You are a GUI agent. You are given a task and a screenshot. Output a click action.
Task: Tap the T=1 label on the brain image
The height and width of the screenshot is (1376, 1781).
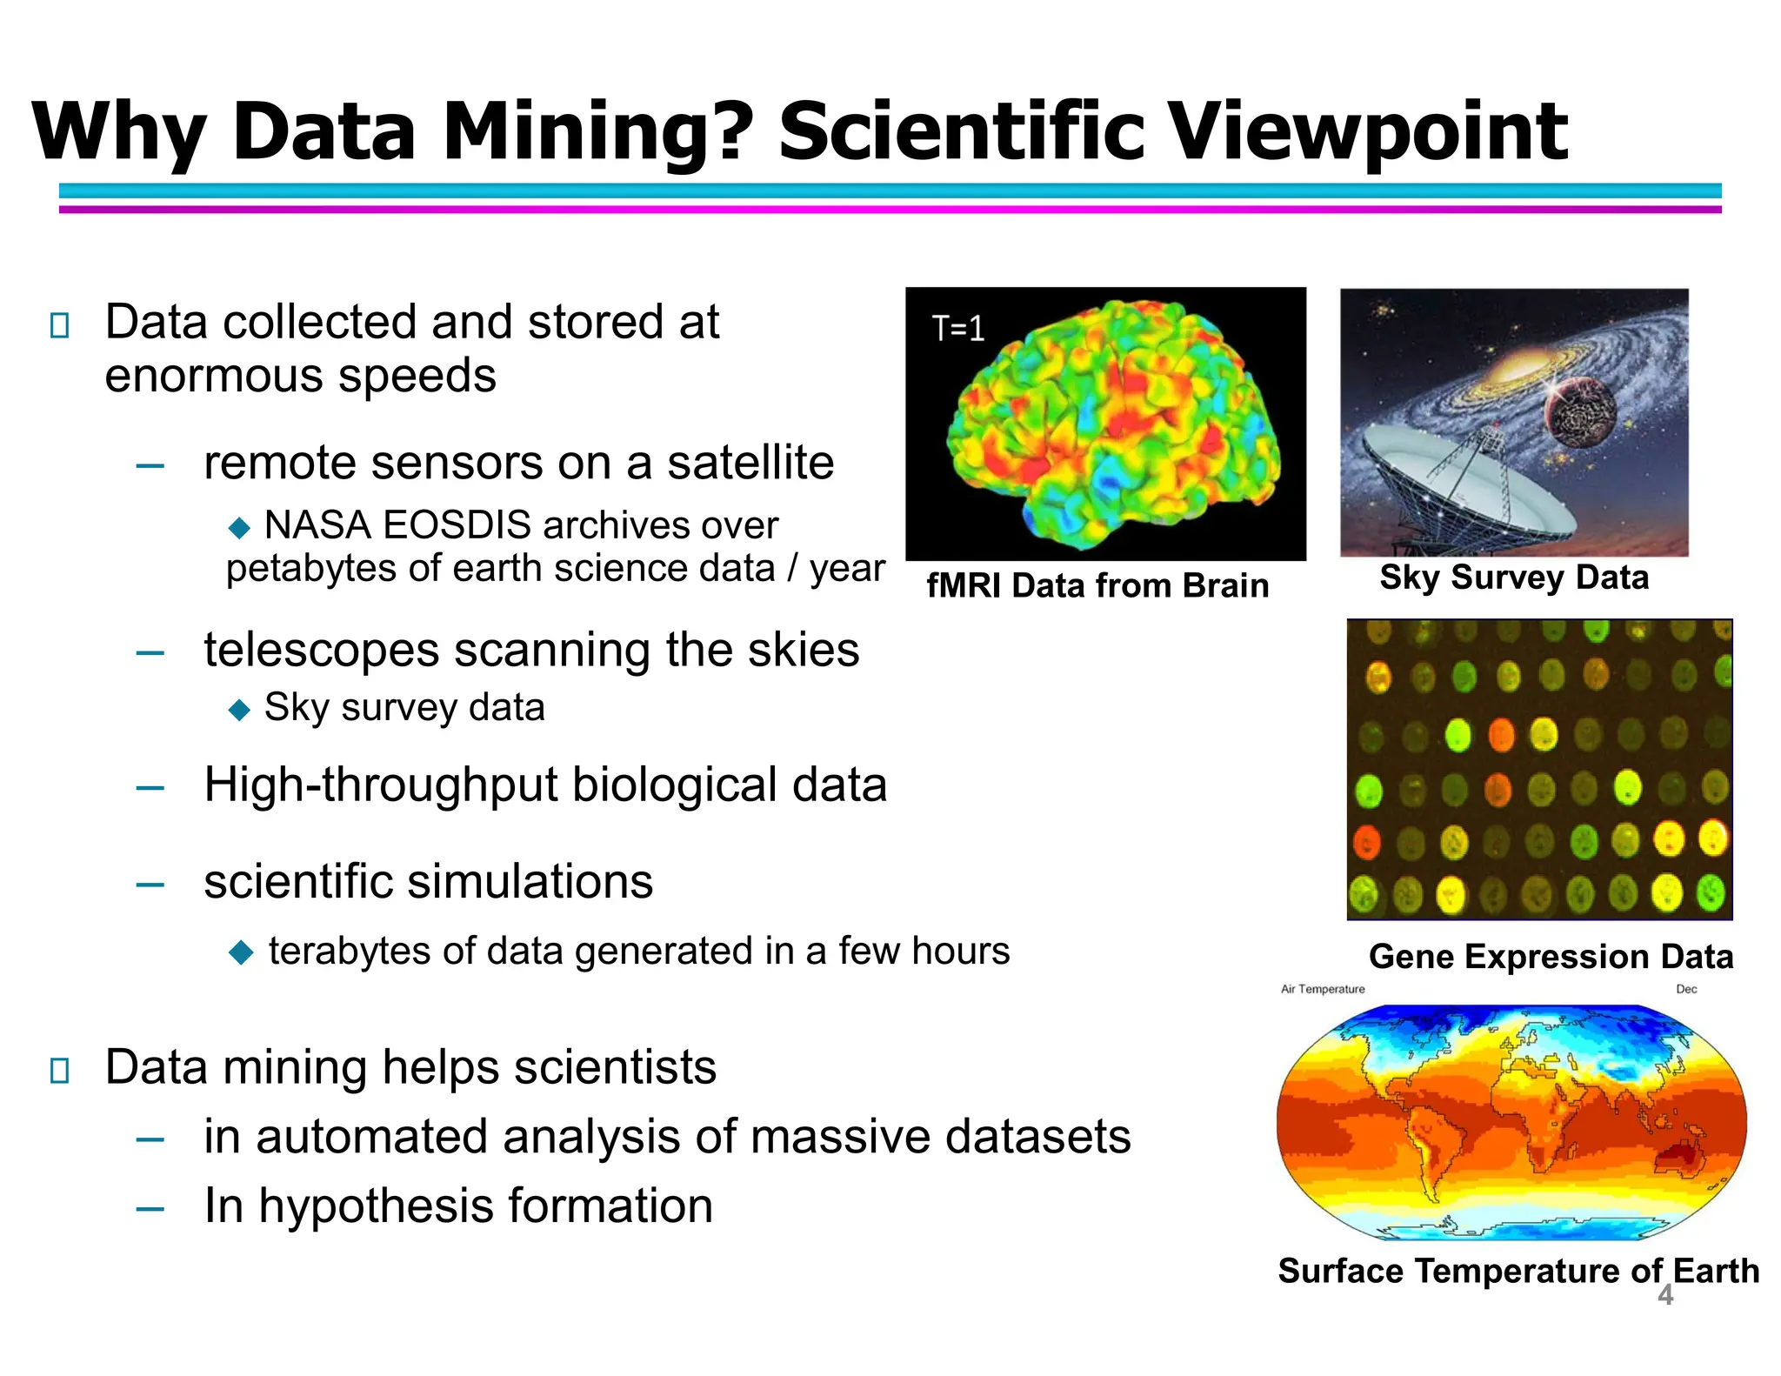957,329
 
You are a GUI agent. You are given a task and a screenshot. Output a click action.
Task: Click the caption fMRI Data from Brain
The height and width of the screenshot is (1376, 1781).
1097,585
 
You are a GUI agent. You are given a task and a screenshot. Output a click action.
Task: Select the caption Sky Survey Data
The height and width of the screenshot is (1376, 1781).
1514,578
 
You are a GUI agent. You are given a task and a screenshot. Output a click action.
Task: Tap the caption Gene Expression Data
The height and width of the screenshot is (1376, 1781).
1551,956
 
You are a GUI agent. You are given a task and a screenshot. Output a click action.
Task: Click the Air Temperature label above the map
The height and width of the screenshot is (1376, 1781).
1322,989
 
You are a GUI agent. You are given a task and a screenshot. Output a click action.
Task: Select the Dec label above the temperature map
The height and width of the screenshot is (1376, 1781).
1686,989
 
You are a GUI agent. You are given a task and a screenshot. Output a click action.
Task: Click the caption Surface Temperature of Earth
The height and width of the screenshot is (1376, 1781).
1518,1271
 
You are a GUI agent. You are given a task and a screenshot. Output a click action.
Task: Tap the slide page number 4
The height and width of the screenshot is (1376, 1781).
1664,1295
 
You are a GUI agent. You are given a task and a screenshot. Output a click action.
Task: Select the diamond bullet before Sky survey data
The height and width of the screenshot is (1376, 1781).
239,710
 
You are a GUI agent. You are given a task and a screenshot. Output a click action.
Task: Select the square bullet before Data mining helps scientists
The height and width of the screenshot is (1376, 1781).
60,1070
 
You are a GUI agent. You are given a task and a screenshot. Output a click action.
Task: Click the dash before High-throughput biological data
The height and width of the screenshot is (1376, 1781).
150,788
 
